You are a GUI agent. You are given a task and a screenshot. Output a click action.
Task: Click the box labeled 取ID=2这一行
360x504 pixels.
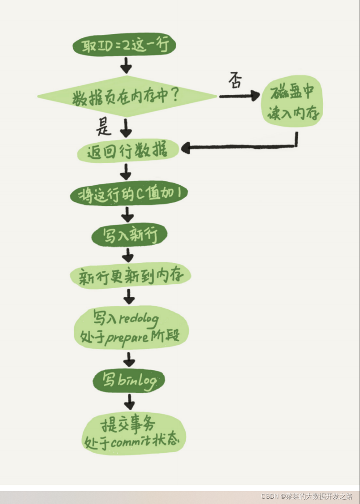click(x=124, y=46)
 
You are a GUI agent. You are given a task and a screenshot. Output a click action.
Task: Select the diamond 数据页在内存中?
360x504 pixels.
click(x=126, y=97)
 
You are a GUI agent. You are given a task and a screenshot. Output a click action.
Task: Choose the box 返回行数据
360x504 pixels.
click(x=127, y=152)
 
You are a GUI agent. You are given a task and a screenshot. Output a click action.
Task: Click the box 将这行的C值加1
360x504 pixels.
click(x=128, y=194)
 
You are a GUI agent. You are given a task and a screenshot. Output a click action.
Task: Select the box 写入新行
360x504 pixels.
click(x=129, y=235)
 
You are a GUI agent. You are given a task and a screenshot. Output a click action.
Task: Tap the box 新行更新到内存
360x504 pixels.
click(x=130, y=276)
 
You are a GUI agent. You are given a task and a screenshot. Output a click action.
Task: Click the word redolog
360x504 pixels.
click(x=139, y=318)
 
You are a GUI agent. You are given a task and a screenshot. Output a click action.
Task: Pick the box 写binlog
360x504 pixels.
click(x=129, y=380)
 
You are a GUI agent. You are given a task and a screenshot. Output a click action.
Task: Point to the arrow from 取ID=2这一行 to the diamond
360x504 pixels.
click(x=125, y=65)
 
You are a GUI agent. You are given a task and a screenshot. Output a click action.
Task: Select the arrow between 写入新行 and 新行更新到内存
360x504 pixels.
click(x=128, y=256)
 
